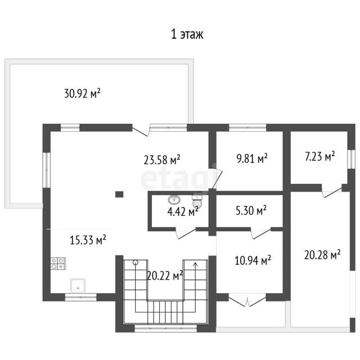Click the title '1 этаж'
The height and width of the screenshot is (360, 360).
(x=187, y=34)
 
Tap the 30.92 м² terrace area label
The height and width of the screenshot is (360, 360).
(x=82, y=93)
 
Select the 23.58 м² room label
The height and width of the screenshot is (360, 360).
(x=162, y=160)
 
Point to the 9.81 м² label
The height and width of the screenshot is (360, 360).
(x=252, y=158)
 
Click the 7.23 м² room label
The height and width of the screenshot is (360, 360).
(x=320, y=156)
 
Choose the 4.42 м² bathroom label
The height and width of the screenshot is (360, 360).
(x=183, y=211)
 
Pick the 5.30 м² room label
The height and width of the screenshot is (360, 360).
(x=251, y=210)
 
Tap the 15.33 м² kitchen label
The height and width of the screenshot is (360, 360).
(x=88, y=240)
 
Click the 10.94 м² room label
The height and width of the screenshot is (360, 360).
(x=253, y=260)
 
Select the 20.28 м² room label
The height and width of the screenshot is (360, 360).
(x=322, y=255)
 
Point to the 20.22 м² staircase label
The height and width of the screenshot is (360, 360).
(x=165, y=276)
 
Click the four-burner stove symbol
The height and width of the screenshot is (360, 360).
(x=58, y=263)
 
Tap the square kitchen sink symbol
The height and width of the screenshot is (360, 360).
(x=78, y=286)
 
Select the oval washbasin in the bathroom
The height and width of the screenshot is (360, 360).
(x=174, y=199)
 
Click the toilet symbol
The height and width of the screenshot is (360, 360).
(x=197, y=201)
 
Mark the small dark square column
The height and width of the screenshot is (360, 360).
(x=119, y=195)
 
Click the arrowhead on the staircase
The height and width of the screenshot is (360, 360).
(x=195, y=264)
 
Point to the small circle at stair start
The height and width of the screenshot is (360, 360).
(x=136, y=262)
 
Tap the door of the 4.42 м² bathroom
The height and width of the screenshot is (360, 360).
(x=186, y=233)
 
